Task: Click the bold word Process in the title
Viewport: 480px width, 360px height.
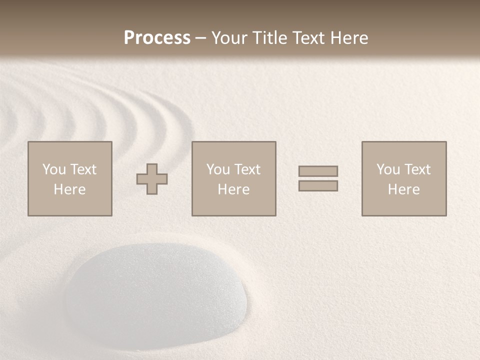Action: coord(157,38)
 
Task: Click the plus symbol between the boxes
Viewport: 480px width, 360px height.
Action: coord(152,179)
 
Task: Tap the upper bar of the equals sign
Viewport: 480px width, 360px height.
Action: coord(318,171)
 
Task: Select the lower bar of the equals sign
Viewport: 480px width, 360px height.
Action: coord(318,186)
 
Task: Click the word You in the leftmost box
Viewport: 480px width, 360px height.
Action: coord(54,169)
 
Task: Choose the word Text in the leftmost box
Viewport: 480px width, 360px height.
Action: coord(83,169)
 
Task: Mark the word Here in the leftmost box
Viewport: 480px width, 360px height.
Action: coord(69,189)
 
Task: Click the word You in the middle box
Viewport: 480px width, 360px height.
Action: coord(218,169)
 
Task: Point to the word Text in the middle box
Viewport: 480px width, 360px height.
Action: coord(247,169)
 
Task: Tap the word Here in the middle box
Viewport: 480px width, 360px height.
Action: coord(233,189)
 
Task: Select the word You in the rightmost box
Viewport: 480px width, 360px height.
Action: coord(388,169)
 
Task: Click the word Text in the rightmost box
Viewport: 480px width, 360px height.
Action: coord(417,169)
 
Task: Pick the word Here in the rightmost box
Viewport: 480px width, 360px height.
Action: coord(403,189)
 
